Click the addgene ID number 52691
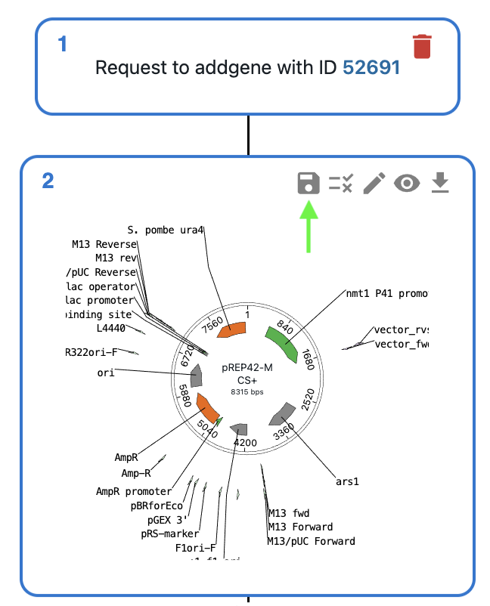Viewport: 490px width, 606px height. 371,67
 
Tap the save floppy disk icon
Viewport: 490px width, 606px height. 308,183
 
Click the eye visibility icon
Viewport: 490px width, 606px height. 407,183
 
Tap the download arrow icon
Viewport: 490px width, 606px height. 440,183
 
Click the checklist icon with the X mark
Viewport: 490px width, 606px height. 341,183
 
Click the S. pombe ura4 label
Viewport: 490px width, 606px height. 166,230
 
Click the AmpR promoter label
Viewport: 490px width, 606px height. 134,491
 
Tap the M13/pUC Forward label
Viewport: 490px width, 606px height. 311,541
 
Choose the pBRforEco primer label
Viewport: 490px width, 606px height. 157,506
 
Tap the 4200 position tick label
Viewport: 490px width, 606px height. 246,442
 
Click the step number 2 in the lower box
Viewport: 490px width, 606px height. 48,181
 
